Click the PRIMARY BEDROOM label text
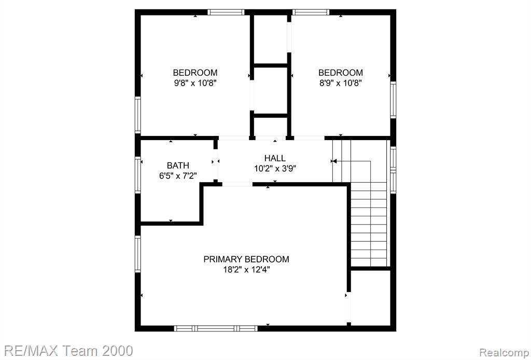[246, 259]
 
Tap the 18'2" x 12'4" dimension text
[246, 270]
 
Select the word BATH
[178, 165]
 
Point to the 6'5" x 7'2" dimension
[178, 176]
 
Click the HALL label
[275, 158]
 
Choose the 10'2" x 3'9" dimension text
[275, 169]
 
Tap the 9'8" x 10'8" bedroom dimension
[195, 83]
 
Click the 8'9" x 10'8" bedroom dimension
[341, 83]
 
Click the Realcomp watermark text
[505, 352]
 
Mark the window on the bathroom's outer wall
[138, 175]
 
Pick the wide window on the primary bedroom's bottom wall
[216, 328]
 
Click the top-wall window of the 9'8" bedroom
[226, 12]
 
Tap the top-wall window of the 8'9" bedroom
[311, 12]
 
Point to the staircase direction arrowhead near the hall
[333, 161]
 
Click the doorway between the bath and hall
[215, 164]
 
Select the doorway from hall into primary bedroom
[237, 184]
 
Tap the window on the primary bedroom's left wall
[138, 254]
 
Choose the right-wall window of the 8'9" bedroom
[393, 100]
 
